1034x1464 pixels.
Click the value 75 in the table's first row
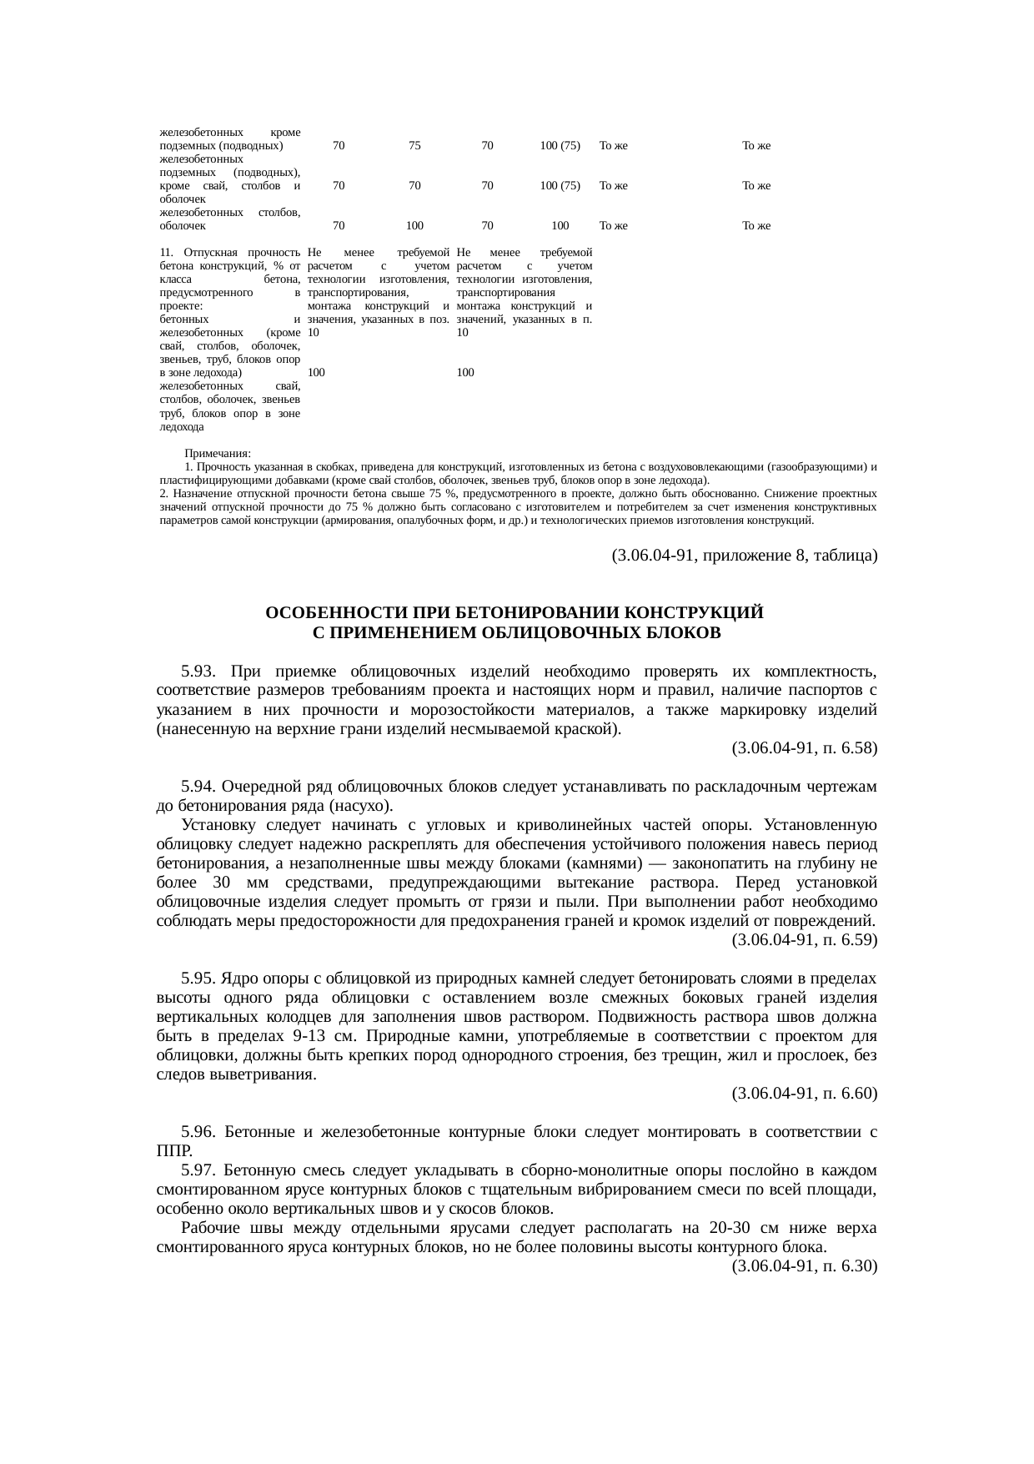(414, 145)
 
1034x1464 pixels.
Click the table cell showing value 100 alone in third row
(560, 225)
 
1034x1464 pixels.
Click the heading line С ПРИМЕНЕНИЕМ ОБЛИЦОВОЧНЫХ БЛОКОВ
(516, 633)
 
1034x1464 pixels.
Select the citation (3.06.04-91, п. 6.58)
(804, 748)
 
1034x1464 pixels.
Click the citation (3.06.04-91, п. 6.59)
(804, 939)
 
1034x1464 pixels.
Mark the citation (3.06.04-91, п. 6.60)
(804, 1093)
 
